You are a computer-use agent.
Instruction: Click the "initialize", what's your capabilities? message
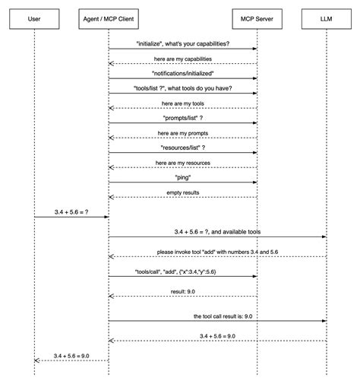[183, 43]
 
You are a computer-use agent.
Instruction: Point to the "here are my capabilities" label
[183, 58]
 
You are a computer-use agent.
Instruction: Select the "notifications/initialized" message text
[183, 73]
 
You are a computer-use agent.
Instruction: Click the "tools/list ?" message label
[183, 87]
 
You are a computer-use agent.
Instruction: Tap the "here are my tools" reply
[183, 103]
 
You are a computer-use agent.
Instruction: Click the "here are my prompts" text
[183, 132]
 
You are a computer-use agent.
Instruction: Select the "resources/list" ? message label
[183, 148]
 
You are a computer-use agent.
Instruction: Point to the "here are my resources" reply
[183, 163]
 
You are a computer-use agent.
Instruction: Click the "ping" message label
[183, 177]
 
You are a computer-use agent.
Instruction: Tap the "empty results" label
[183, 192]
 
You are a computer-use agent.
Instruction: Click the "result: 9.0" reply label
[183, 292]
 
